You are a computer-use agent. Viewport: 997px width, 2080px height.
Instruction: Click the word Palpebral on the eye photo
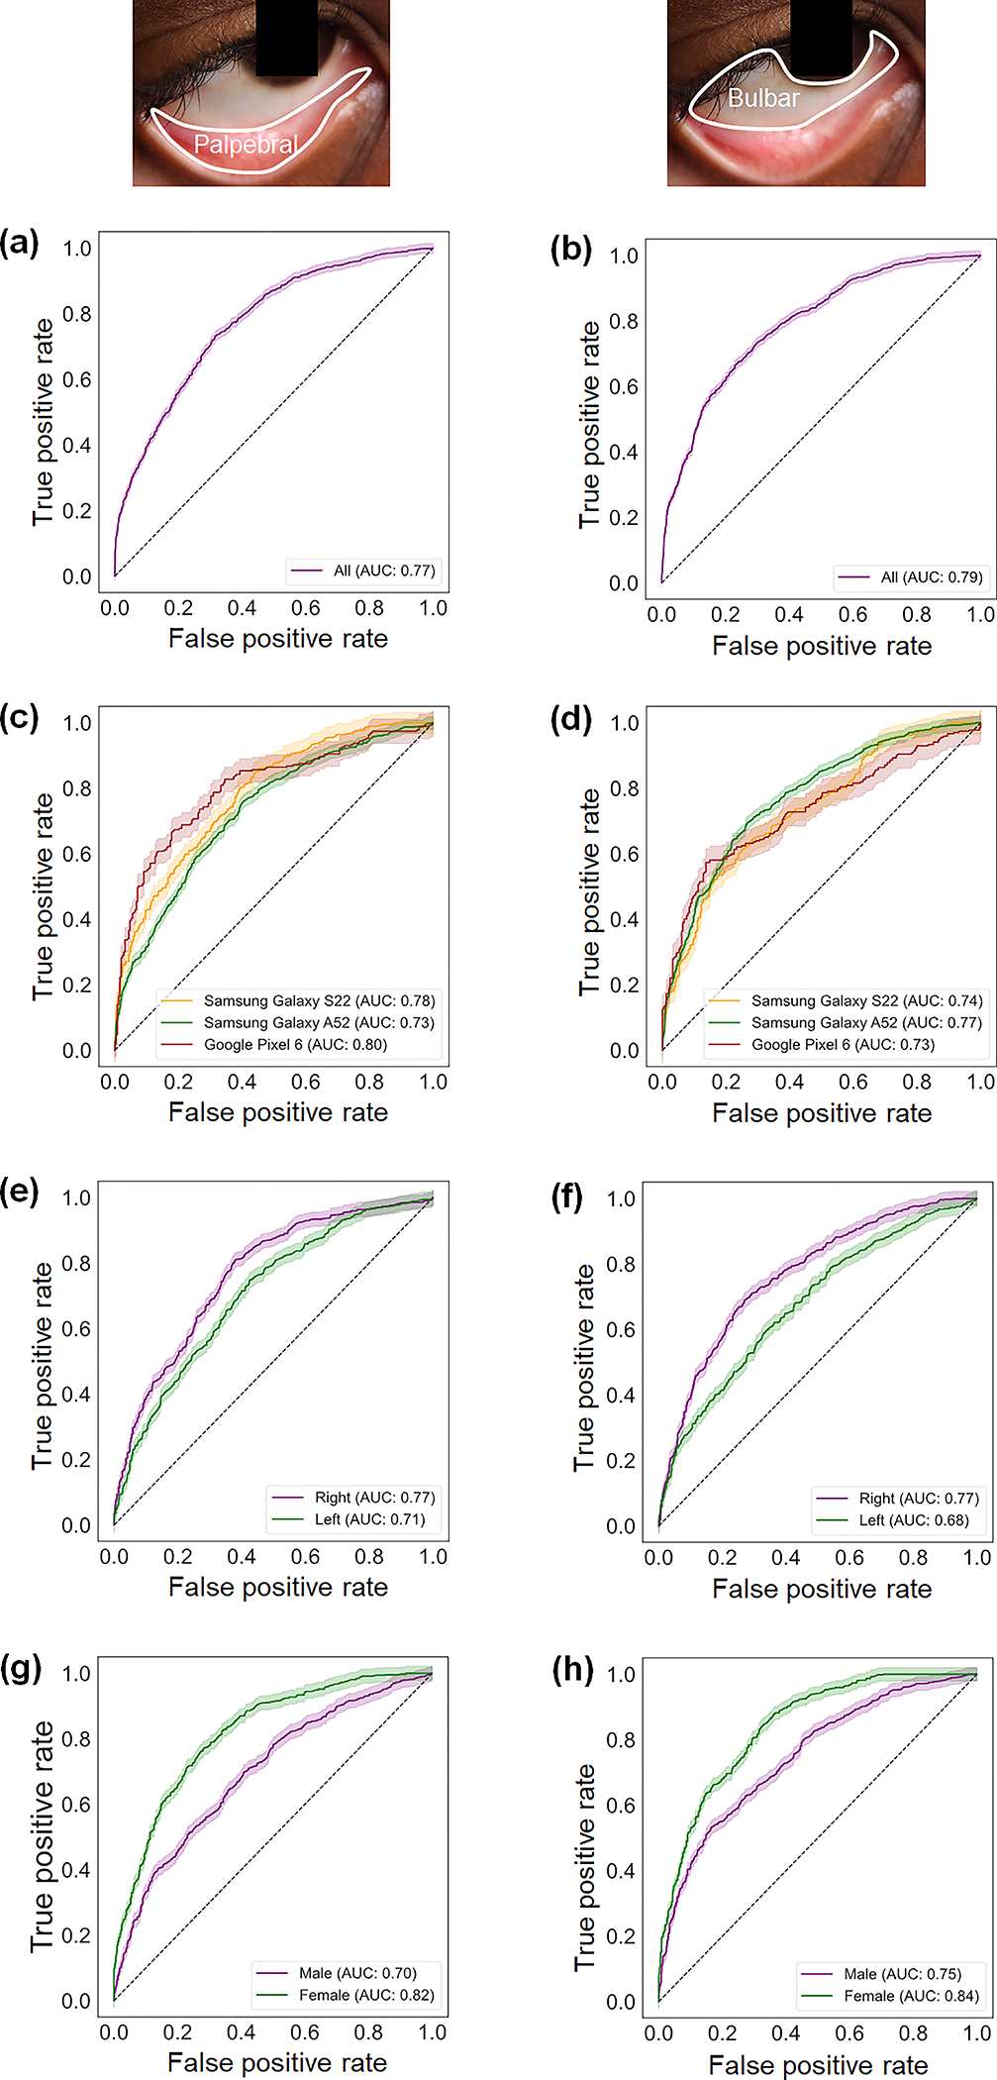pos(245,145)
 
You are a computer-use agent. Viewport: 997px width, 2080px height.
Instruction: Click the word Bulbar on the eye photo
pos(762,98)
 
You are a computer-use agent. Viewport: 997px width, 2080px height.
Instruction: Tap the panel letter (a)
pos(20,243)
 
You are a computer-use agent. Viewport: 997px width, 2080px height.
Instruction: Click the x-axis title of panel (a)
pos(277,639)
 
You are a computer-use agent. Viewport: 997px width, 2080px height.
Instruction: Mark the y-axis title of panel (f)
pos(585,1367)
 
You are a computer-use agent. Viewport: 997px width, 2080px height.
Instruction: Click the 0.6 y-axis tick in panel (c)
pos(77,854)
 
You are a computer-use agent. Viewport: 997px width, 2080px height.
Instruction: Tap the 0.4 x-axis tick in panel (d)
pos(789,1083)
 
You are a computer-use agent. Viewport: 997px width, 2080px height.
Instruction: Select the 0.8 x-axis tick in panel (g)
pos(368,2032)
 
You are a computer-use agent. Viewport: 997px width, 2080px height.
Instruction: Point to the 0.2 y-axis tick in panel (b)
pos(624,518)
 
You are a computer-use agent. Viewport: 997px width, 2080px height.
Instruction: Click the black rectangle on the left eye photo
pos(286,38)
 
